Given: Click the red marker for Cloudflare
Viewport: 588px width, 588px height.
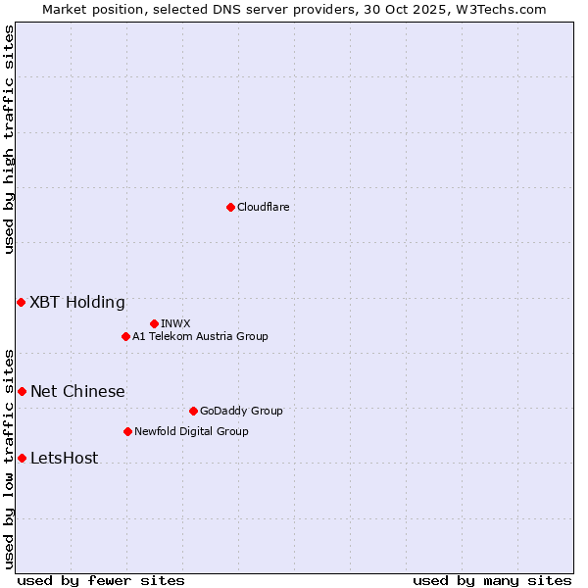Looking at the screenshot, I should pyautogui.click(x=230, y=207).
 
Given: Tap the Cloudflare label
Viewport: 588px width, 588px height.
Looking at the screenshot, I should pyautogui.click(x=263, y=207).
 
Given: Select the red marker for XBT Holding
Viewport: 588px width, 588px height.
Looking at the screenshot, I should pyautogui.click(x=22, y=302).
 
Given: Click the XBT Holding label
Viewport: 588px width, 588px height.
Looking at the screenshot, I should pyautogui.click(x=77, y=302).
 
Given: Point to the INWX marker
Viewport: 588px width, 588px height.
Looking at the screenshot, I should pyautogui.click(x=154, y=323).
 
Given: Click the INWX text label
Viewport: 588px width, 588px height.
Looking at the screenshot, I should pyautogui.click(x=175, y=323).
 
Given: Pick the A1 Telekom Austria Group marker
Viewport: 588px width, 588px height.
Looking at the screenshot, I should pyautogui.click(x=125, y=336).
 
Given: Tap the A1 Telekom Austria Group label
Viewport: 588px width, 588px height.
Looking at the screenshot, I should pyautogui.click(x=200, y=336).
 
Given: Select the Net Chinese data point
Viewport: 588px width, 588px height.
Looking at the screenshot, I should pyautogui.click(x=22, y=391).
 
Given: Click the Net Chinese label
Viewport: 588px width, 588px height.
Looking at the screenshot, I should pyautogui.click(x=77, y=391).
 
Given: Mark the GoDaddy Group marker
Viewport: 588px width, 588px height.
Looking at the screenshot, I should pyautogui.click(x=193, y=411).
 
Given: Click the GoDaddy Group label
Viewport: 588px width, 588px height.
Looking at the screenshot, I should pyautogui.click(x=240, y=411).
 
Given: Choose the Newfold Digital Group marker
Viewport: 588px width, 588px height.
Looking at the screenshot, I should pyautogui.click(x=127, y=431).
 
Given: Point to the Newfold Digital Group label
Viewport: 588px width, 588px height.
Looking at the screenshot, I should pyautogui.click(x=191, y=431).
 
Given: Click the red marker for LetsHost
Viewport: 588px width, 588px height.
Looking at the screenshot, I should pyautogui.click(x=22, y=458).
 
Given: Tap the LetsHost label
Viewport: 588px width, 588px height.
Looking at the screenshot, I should pyautogui.click(x=64, y=458).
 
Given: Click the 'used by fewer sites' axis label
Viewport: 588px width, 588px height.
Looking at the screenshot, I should pyautogui.click(x=101, y=580).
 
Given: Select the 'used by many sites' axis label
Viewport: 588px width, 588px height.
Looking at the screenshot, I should pyautogui.click(x=492, y=580).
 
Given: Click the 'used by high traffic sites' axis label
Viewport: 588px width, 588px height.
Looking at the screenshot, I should pyautogui.click(x=10, y=139).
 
